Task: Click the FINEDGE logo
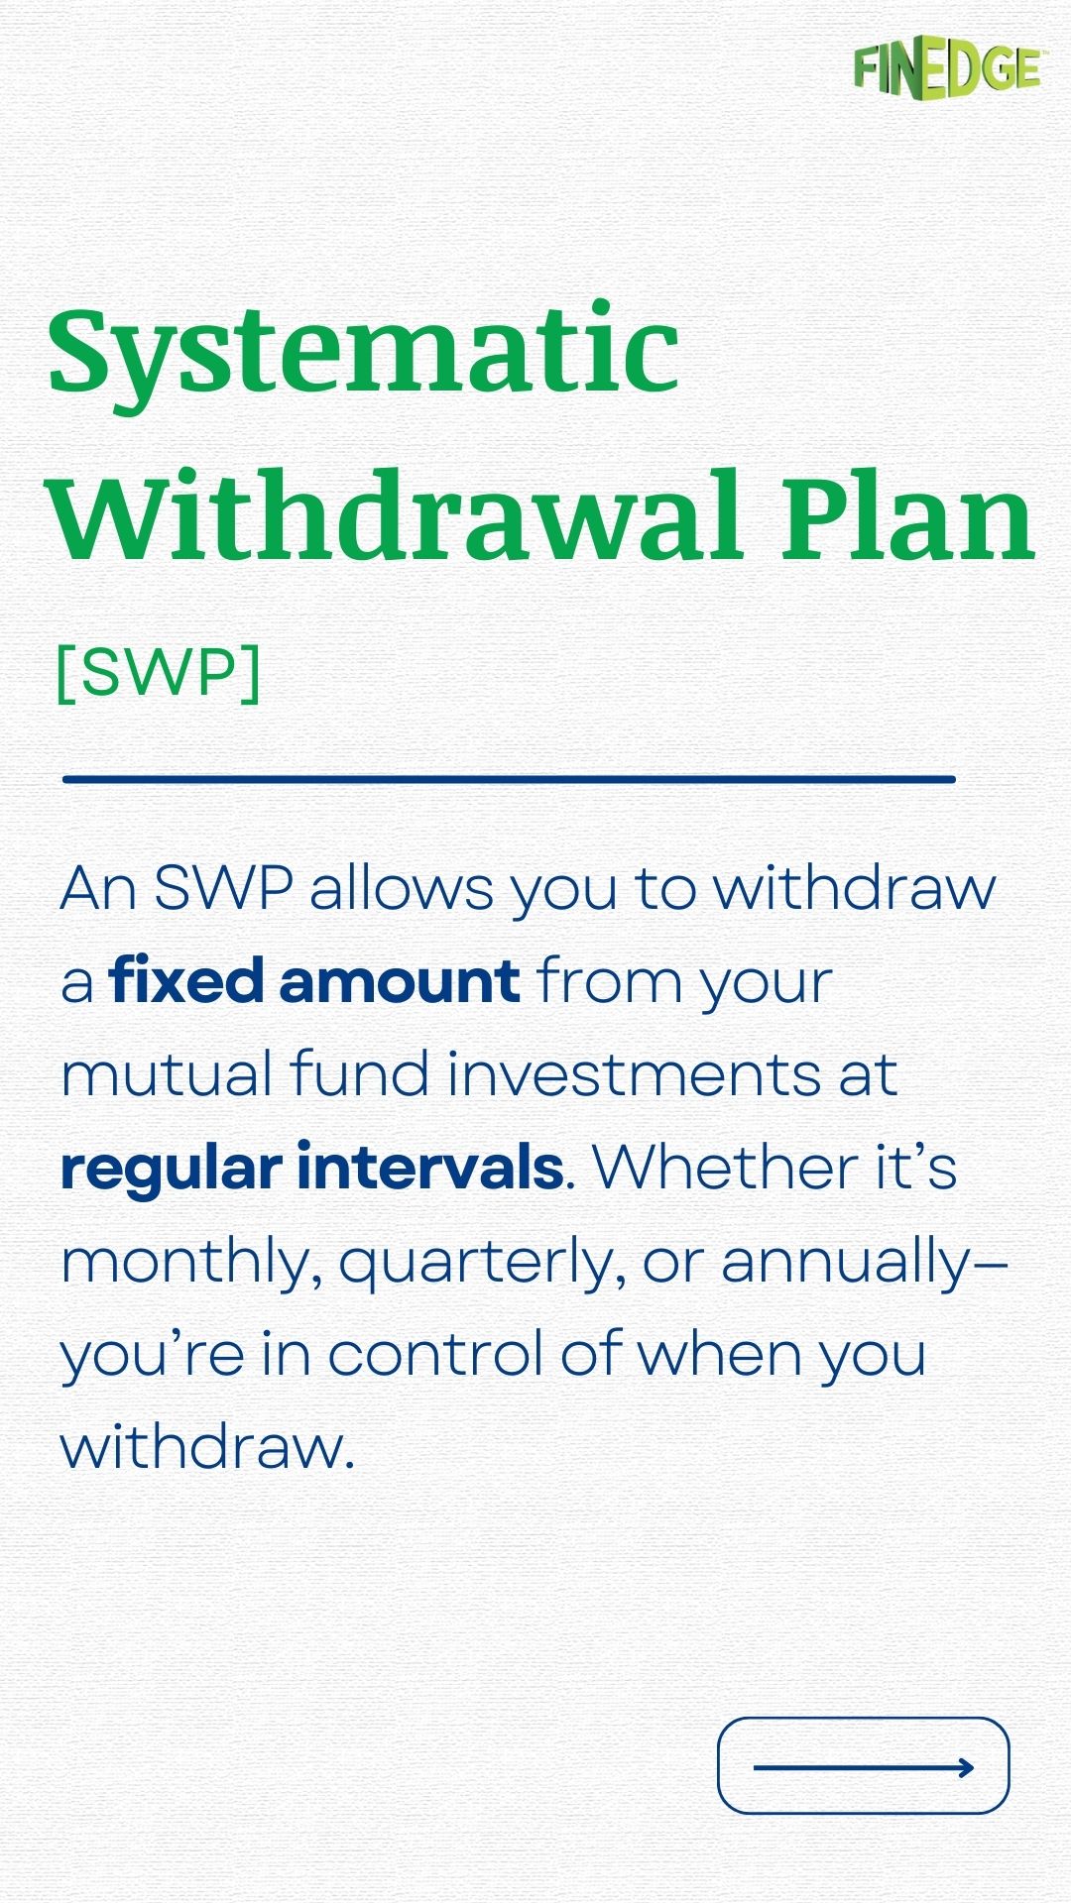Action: pyautogui.click(x=946, y=70)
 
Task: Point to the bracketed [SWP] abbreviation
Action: pyautogui.click(x=159, y=673)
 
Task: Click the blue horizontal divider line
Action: pyautogui.click(x=509, y=779)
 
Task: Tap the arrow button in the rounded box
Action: pyautogui.click(x=863, y=1767)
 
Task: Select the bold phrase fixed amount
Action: pyautogui.click(x=314, y=981)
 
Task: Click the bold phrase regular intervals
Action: pyautogui.click(x=311, y=1168)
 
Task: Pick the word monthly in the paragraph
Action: pyautogui.click(x=190, y=1263)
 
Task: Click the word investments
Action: pyautogui.click(x=634, y=1074)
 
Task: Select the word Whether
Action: pyautogui.click(x=724, y=1168)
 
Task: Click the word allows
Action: pyautogui.click(x=401, y=887)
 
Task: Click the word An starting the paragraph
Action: pyautogui.click(x=97, y=887)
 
